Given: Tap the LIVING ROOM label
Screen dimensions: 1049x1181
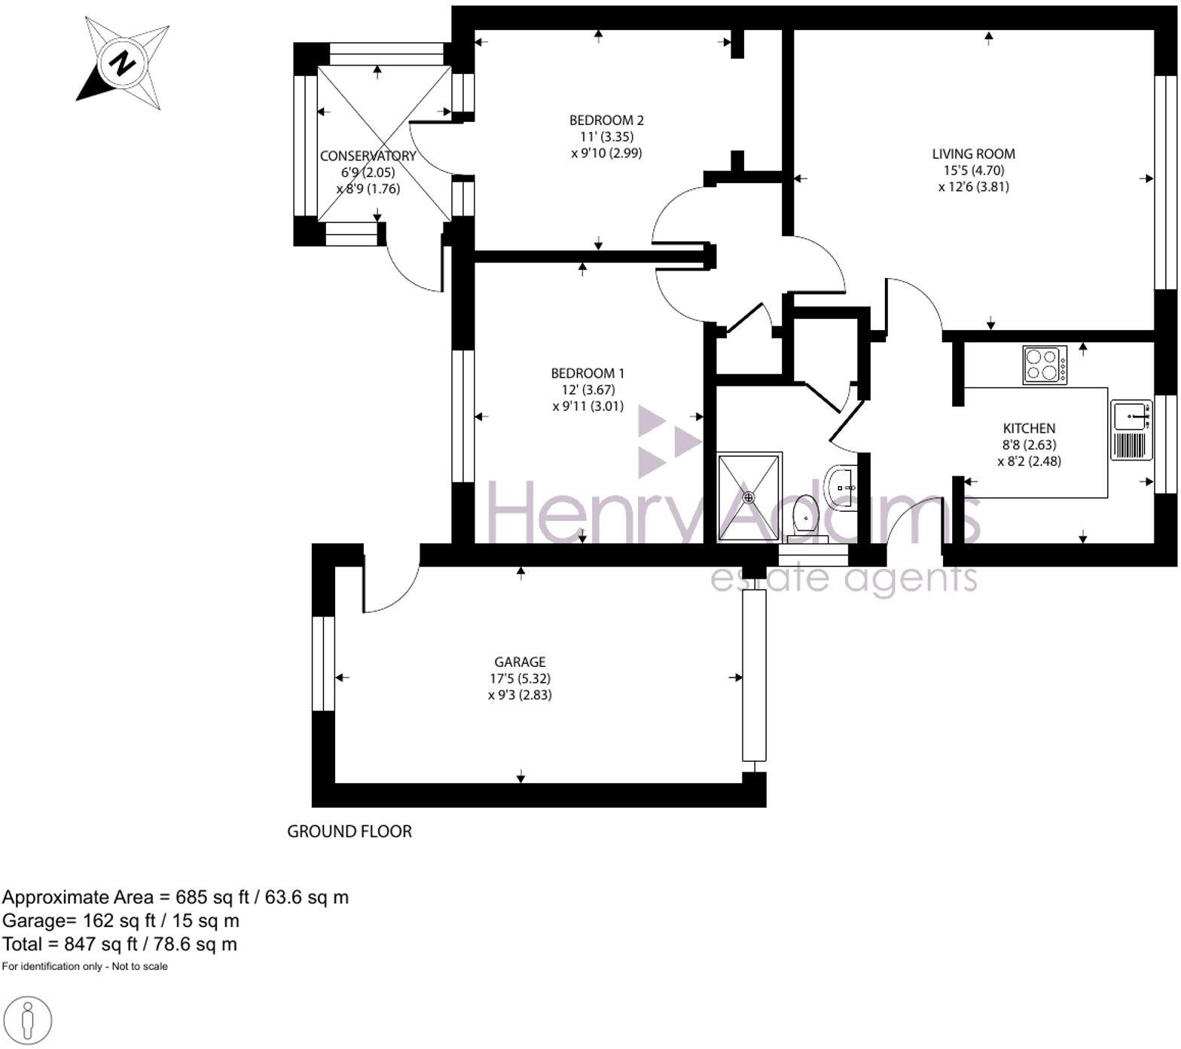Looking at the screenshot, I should [x=973, y=154].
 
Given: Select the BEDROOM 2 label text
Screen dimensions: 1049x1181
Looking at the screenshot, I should [x=606, y=120].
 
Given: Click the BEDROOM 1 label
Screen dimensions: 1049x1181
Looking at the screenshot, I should [x=587, y=373].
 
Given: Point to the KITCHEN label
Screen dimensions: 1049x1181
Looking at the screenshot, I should [x=1029, y=428].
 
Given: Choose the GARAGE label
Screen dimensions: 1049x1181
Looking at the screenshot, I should [x=520, y=662].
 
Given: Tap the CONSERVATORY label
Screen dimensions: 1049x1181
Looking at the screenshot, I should [x=368, y=156].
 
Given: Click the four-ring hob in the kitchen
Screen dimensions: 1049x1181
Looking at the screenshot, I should [x=1045, y=365].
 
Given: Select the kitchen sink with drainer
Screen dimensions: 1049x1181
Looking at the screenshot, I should [x=1132, y=430].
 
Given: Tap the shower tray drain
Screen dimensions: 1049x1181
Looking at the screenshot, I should [x=749, y=497].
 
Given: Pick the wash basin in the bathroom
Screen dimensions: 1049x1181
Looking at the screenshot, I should [x=841, y=487].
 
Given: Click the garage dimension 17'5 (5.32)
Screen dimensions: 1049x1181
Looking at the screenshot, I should [x=520, y=678].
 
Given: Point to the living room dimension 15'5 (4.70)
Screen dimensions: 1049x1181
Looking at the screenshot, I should [x=973, y=170].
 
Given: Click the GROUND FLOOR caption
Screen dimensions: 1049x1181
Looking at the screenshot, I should [x=349, y=831].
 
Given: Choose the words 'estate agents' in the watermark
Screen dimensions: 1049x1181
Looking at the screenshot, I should [x=844, y=579].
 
